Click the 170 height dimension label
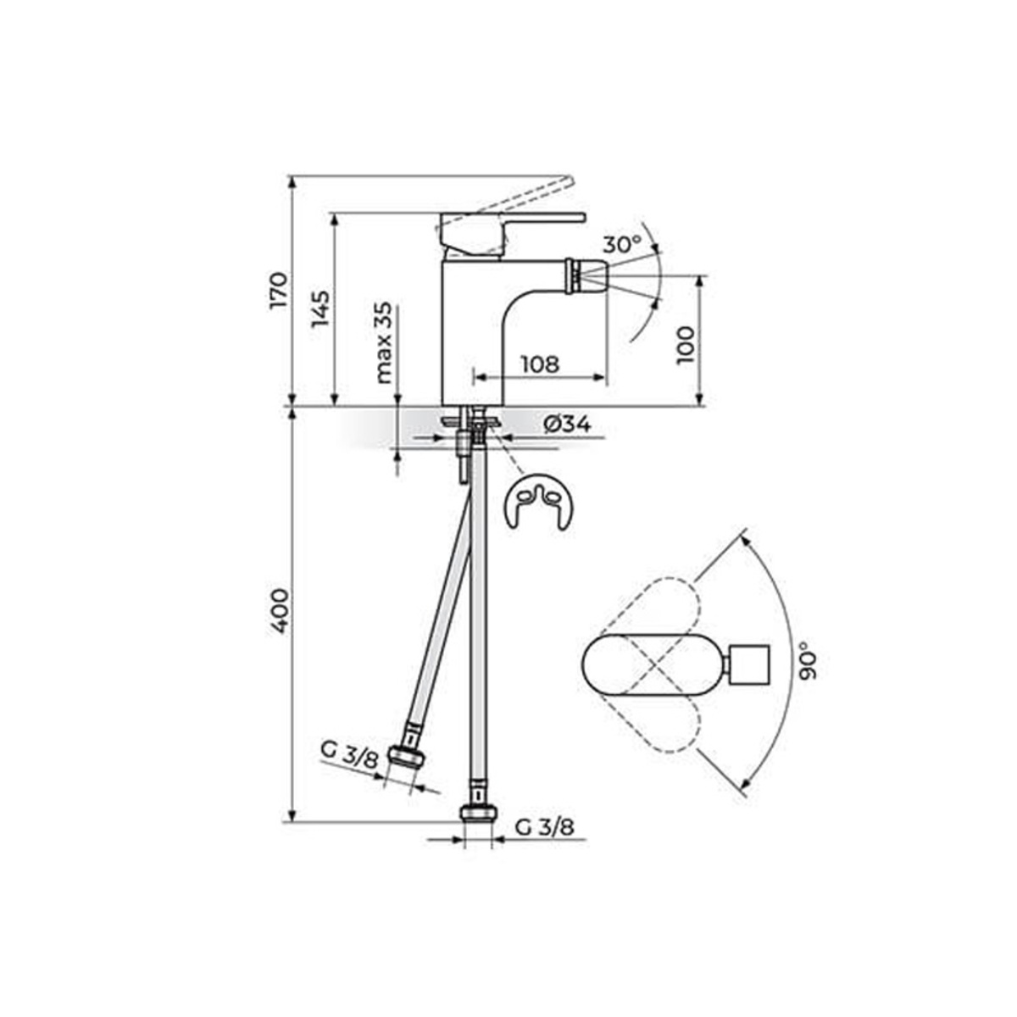279,291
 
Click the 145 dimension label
320,308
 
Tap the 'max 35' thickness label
384,342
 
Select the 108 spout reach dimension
539,364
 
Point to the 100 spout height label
686,345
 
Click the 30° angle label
622,244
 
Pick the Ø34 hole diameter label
567,425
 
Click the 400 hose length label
279,611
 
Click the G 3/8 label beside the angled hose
349,759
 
